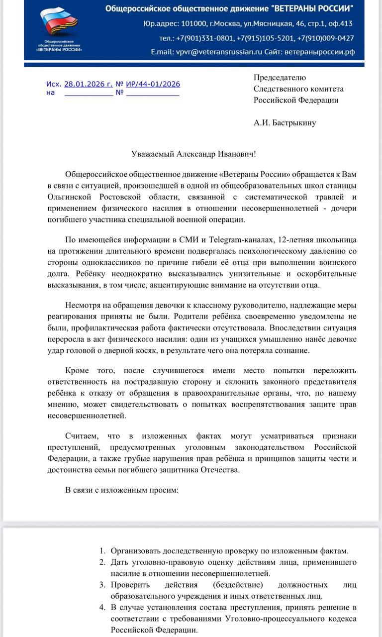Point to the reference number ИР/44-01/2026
point(153,84)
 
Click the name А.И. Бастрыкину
point(285,122)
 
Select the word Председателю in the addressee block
point(280,77)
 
